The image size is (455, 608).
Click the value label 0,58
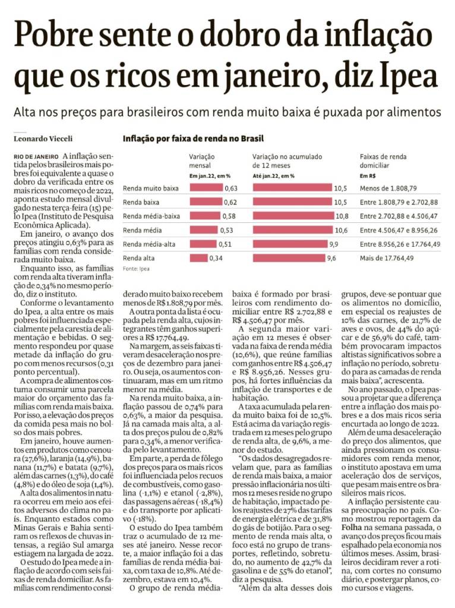[x=230, y=216]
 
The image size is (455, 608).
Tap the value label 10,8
[x=342, y=216]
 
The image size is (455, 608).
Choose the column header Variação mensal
[x=203, y=161]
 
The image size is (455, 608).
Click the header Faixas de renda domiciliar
[x=383, y=161]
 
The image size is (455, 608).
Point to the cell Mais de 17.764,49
[x=387, y=258]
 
